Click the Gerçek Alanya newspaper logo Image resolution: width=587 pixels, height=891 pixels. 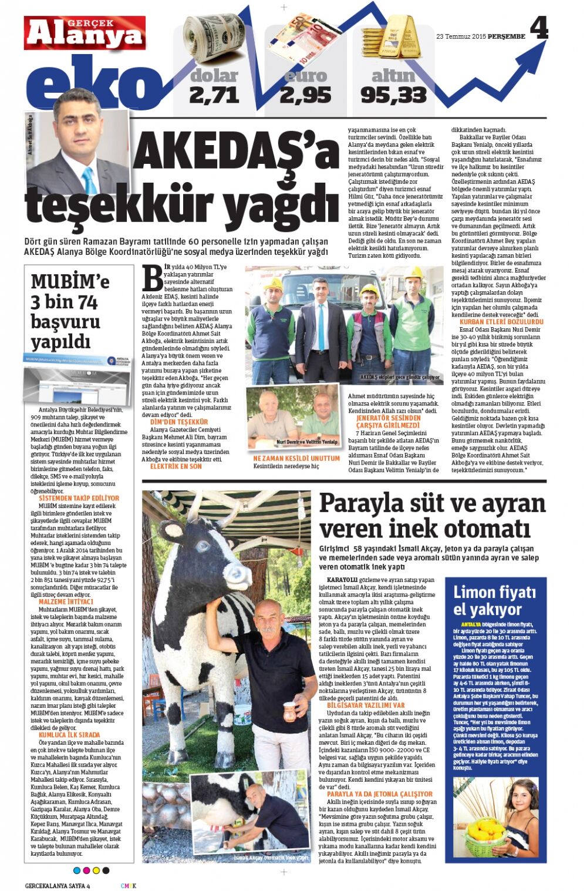pos(85,33)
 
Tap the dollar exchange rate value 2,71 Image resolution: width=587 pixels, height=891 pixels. pos(214,95)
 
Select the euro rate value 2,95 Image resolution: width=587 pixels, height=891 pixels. pos(305,95)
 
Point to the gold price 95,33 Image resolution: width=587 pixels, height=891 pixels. pos(393,95)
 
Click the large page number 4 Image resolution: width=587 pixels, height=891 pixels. pos(538,28)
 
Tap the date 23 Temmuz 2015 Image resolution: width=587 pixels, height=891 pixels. pos(461,36)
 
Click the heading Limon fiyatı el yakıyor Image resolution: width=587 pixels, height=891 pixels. pos(494,600)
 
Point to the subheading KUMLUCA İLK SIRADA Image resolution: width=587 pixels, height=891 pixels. pos(69,735)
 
